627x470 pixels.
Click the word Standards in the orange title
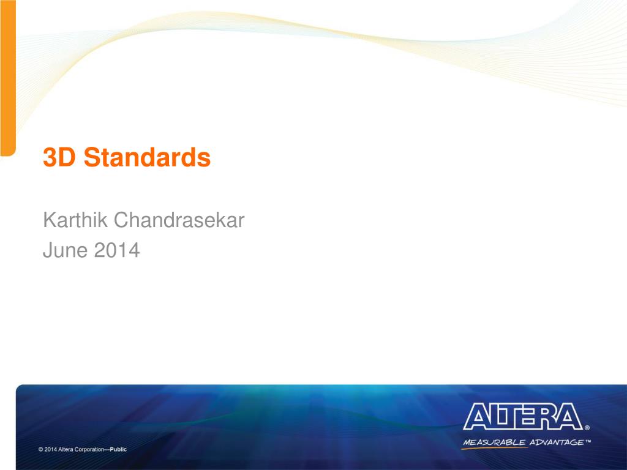(x=148, y=158)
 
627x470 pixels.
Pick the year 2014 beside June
(x=117, y=250)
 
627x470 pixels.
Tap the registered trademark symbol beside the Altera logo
(x=587, y=428)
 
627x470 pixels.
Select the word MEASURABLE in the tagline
(x=494, y=442)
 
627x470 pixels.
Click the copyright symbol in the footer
(x=40, y=449)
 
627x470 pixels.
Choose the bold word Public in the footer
(x=118, y=449)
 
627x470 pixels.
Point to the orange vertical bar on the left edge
(x=7, y=80)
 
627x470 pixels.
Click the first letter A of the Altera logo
(x=476, y=417)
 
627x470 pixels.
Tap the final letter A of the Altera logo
(x=569, y=417)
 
